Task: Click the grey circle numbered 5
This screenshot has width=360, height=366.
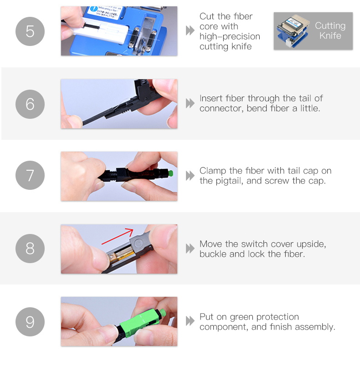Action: click(x=30, y=31)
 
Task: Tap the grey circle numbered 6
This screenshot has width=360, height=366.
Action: click(x=30, y=104)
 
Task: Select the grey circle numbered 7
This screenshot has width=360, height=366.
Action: click(x=30, y=175)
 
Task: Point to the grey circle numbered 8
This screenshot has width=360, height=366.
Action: click(x=30, y=249)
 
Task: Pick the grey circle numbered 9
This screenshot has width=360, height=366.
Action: click(x=30, y=322)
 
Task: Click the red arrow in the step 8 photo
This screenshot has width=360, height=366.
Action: click(x=117, y=236)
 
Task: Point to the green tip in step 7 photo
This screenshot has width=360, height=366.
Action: click(x=170, y=173)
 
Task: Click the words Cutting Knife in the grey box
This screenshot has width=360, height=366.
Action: click(x=330, y=30)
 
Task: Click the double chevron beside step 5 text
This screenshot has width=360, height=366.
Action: click(x=190, y=30)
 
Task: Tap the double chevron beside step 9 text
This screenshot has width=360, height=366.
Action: click(x=190, y=321)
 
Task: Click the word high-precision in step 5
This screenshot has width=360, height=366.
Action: click(x=230, y=37)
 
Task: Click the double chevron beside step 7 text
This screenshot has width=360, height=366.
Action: click(x=190, y=176)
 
